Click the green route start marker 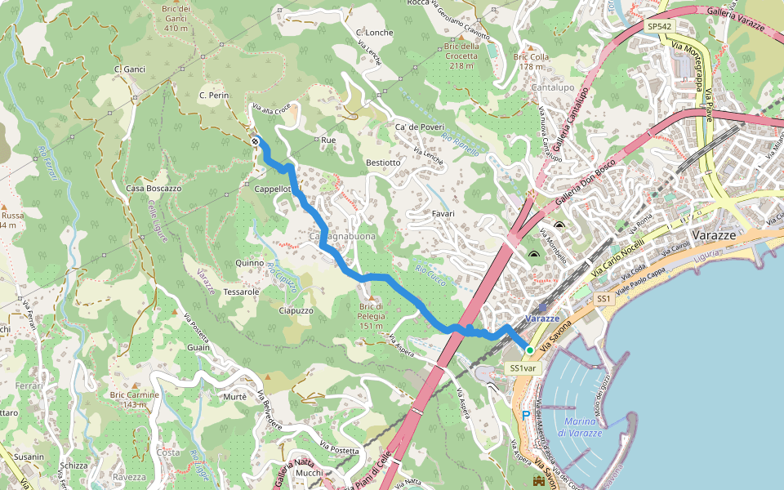529,350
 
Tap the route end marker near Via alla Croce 256,141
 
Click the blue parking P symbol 526,415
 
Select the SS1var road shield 523,368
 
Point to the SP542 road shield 659,26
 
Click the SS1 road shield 604,300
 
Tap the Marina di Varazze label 580,427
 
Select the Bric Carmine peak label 134,399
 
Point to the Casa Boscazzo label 154,189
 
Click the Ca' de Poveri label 419,127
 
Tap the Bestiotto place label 384,163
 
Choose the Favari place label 442,214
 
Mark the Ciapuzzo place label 296,310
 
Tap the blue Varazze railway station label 542,318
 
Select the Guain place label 198,348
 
